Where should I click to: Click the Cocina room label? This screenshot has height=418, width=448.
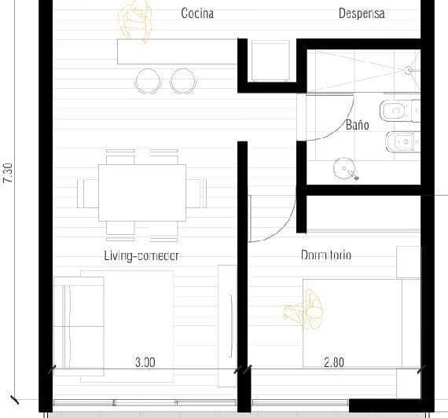pyautogui.click(x=197, y=13)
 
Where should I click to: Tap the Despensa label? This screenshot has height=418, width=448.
pyautogui.click(x=362, y=13)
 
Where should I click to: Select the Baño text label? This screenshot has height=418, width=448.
pyautogui.click(x=357, y=125)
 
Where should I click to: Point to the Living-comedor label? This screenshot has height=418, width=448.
pyautogui.click(x=141, y=255)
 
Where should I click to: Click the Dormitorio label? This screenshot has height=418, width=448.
pyautogui.click(x=325, y=255)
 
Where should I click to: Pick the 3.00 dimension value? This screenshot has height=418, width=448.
pyautogui.click(x=145, y=362)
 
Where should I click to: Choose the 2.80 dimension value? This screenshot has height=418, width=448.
pyautogui.click(x=335, y=362)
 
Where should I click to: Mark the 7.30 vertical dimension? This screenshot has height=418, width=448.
pyautogui.click(x=9, y=173)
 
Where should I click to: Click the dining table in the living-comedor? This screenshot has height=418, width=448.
pyautogui.click(x=142, y=192)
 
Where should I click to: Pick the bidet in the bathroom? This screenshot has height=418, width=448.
pyautogui.click(x=403, y=142)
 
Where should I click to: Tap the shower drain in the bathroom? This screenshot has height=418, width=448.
pyautogui.click(x=408, y=70)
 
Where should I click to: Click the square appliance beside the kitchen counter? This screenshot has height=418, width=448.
pyautogui.click(x=270, y=60)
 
